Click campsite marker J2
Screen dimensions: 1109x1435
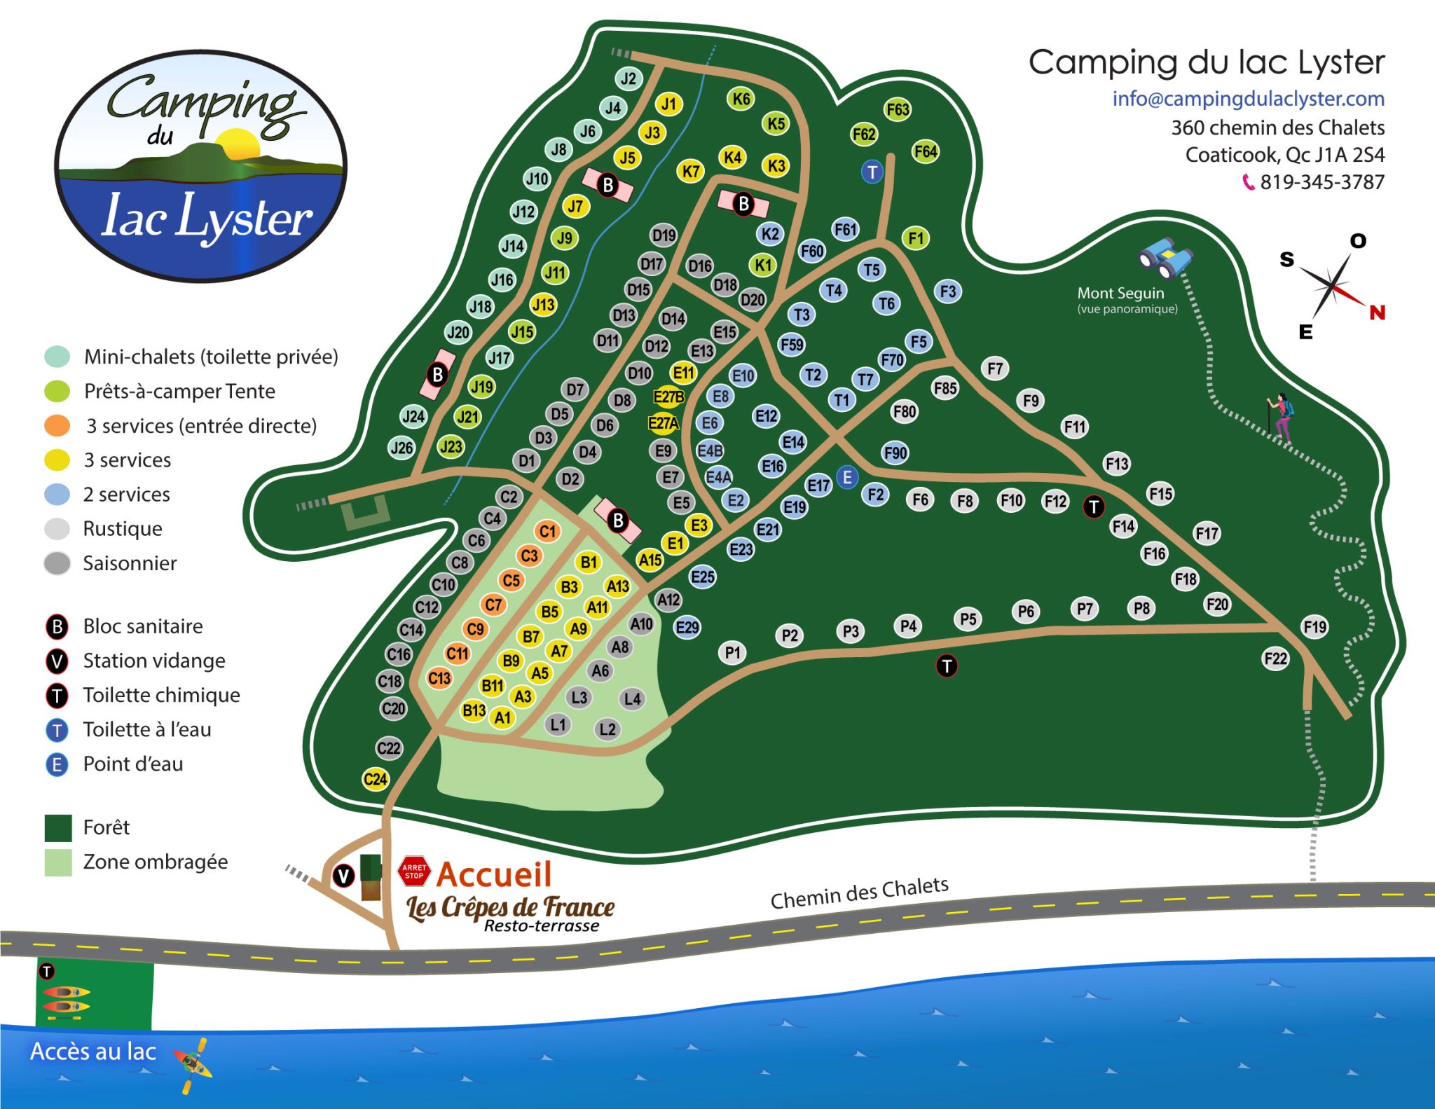pos(629,78)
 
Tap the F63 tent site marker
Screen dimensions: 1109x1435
pos(898,109)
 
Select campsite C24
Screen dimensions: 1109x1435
pos(376,779)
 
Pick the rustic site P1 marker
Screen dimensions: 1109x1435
pos(732,653)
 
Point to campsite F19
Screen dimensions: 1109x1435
pos(1314,627)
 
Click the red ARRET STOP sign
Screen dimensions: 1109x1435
pos(413,871)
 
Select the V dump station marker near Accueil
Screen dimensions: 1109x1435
pos(343,876)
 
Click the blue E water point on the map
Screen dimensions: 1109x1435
pos(847,478)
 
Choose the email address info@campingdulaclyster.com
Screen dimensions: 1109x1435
pos(1248,99)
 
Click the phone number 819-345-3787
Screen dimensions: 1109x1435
pos(1321,182)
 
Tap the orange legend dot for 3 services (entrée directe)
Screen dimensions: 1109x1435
pos(57,425)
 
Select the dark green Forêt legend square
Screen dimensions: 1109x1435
pos(58,827)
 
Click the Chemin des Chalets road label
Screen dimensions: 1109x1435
pos(859,893)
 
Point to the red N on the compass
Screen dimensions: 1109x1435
pos(1377,312)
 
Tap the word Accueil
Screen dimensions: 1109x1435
pos(494,874)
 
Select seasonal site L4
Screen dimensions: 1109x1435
pos(632,698)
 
